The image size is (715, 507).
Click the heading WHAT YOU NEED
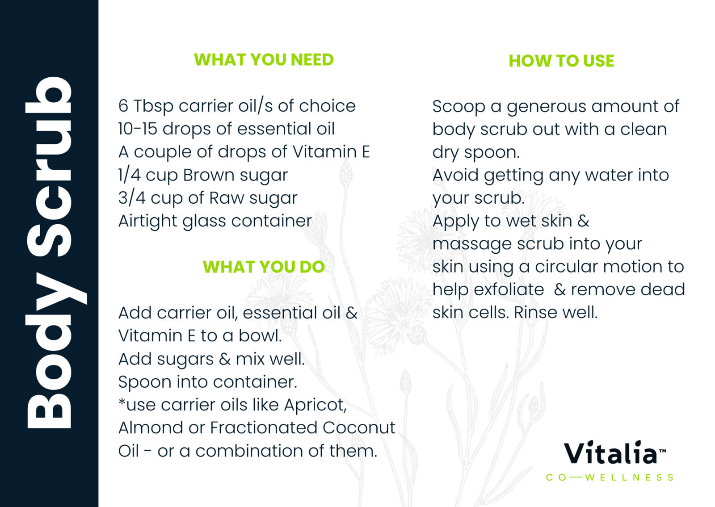(x=264, y=60)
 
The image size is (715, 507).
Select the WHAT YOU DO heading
(x=264, y=267)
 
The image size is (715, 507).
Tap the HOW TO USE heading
(x=561, y=61)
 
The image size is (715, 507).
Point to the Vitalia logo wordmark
(x=614, y=453)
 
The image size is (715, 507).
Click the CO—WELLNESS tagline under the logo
(x=610, y=478)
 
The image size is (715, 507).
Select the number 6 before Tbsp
(x=123, y=106)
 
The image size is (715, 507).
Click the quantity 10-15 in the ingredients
(x=138, y=129)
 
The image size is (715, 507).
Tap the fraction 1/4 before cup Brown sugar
(x=129, y=175)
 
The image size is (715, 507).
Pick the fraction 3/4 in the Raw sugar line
(x=131, y=198)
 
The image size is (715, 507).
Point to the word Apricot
(x=315, y=405)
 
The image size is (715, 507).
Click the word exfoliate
(x=509, y=290)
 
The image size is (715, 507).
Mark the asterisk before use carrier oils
(x=122, y=402)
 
